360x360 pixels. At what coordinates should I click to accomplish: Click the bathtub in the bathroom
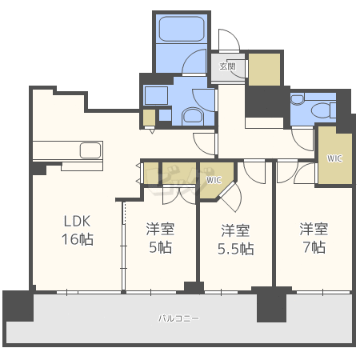pyautogui.click(x=182, y=29)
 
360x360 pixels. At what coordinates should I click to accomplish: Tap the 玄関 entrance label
pyautogui.click(x=227, y=66)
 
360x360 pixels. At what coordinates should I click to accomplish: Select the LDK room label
pyautogui.click(x=77, y=221)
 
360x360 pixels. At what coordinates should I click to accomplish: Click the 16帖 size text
pyautogui.click(x=78, y=239)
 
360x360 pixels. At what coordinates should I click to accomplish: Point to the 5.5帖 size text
pyautogui.click(x=236, y=249)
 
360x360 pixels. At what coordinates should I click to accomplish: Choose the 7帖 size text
pyautogui.click(x=314, y=247)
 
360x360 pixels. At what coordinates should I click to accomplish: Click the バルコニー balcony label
pyautogui.click(x=178, y=318)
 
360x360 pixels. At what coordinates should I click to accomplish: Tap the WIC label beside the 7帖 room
pyautogui.click(x=334, y=158)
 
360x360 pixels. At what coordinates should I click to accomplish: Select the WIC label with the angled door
pyautogui.click(x=214, y=180)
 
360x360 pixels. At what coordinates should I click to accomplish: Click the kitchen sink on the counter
pyautogui.click(x=90, y=150)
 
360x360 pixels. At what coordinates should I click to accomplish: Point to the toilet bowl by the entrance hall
pyautogui.click(x=322, y=110)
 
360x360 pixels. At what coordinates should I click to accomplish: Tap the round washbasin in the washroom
pyautogui.click(x=193, y=116)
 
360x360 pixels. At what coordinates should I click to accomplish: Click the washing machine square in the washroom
pyautogui.click(x=156, y=95)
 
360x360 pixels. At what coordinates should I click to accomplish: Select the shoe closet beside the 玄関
pyautogui.click(x=264, y=70)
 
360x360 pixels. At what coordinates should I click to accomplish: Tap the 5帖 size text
pyautogui.click(x=161, y=247)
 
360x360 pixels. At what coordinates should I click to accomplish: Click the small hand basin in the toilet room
pyautogui.click(x=298, y=99)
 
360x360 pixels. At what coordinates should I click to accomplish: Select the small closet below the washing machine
pyautogui.click(x=149, y=118)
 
